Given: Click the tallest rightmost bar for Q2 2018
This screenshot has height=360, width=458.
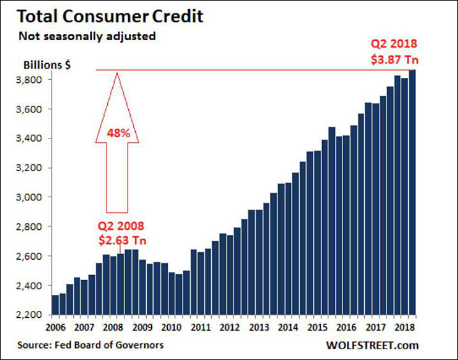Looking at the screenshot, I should [412, 191].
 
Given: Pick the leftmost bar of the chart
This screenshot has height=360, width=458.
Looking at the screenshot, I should [55, 304].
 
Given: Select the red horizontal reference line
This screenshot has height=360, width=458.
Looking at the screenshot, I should [255, 70].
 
